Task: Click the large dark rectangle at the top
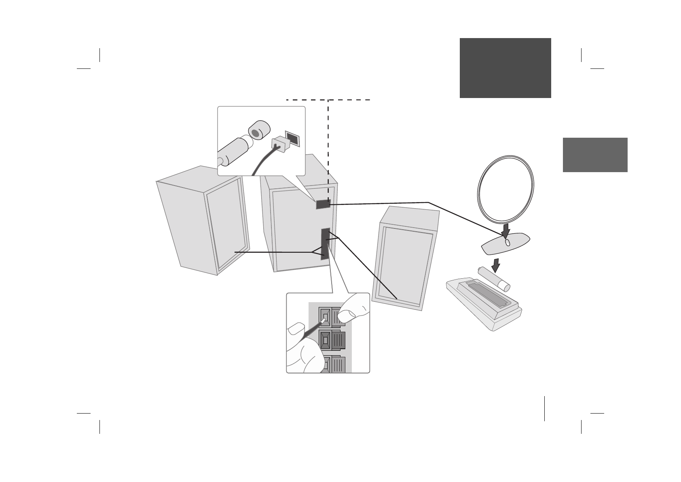click(505, 68)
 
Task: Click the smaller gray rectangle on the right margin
click(595, 155)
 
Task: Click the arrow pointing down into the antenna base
click(505, 231)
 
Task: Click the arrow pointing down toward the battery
click(496, 265)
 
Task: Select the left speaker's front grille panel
click(226, 225)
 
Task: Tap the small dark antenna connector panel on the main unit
click(323, 204)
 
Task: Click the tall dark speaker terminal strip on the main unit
click(325, 243)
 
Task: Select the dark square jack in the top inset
click(292, 139)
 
